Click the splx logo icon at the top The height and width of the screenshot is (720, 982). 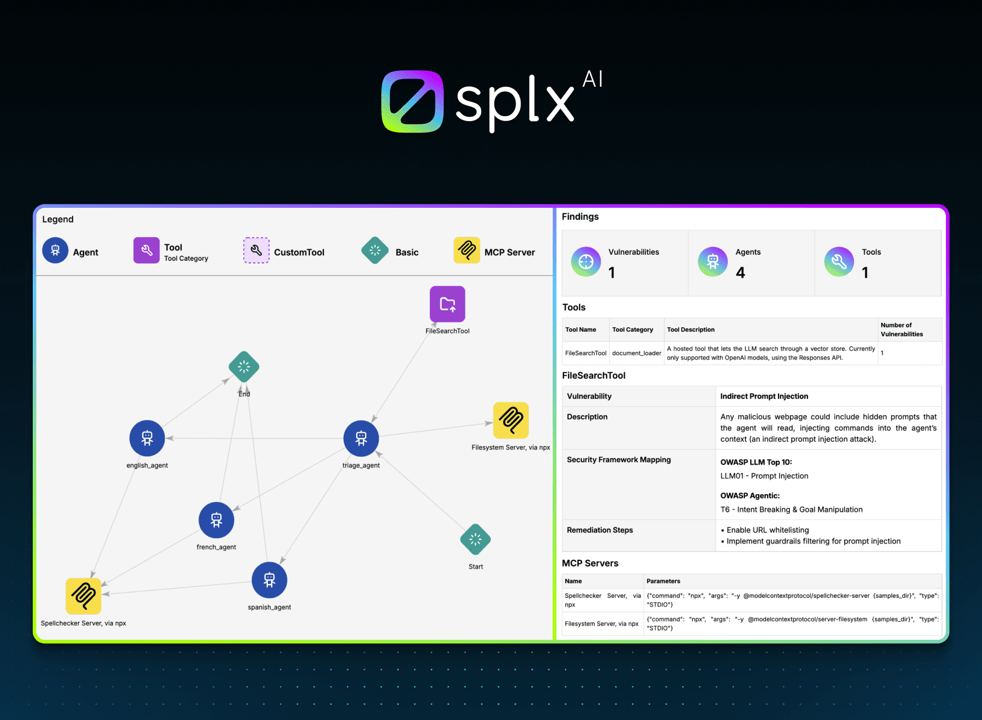412,101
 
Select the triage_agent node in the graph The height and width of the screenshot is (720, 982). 361,438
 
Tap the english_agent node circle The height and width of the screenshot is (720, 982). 147,438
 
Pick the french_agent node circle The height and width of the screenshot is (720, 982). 217,520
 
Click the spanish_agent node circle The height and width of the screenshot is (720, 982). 270,580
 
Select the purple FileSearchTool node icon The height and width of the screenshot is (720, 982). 447,304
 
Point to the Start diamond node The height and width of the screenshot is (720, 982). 476,539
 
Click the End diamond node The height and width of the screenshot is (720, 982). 244,367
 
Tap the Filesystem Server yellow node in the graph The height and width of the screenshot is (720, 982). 511,420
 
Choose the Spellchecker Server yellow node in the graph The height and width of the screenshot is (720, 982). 83,596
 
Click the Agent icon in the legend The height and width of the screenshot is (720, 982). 55,250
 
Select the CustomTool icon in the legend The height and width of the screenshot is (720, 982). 256,250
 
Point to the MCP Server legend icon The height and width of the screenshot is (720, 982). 467,250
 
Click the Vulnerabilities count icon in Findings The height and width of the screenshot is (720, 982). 586,262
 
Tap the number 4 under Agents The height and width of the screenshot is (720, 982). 740,273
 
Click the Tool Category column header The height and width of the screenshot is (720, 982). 633,329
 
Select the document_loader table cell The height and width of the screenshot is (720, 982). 637,353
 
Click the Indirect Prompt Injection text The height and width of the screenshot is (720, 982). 764,396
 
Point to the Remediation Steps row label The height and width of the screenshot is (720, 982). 600,530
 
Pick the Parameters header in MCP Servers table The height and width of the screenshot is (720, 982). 663,581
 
